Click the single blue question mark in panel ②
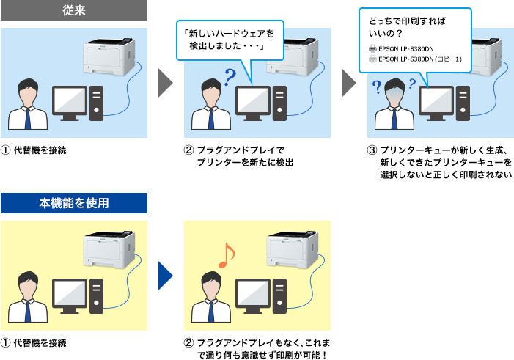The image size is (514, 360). pyautogui.click(x=231, y=76)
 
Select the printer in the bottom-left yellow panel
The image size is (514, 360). pyautogui.click(x=111, y=249)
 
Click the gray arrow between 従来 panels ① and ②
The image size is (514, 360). pyautogui.click(x=166, y=84)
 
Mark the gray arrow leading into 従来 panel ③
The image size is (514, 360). pyautogui.click(x=349, y=84)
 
